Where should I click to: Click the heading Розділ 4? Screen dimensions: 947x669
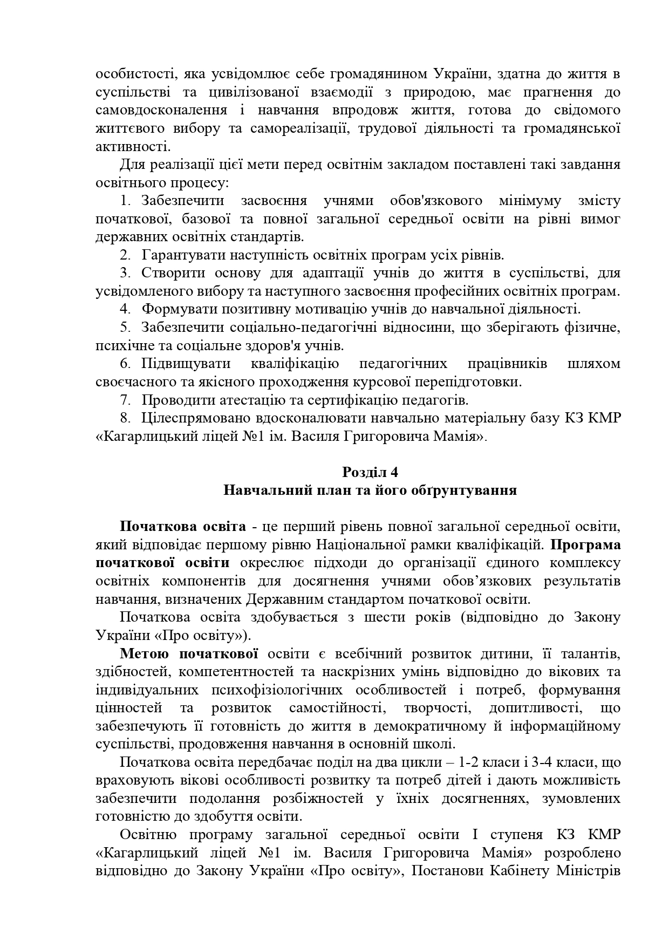[370, 472]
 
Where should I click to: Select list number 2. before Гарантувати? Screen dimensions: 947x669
[125, 255]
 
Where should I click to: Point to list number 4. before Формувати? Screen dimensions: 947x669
[125, 309]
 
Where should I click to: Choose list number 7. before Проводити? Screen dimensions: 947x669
[125, 400]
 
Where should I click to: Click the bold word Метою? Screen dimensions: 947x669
[145, 654]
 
